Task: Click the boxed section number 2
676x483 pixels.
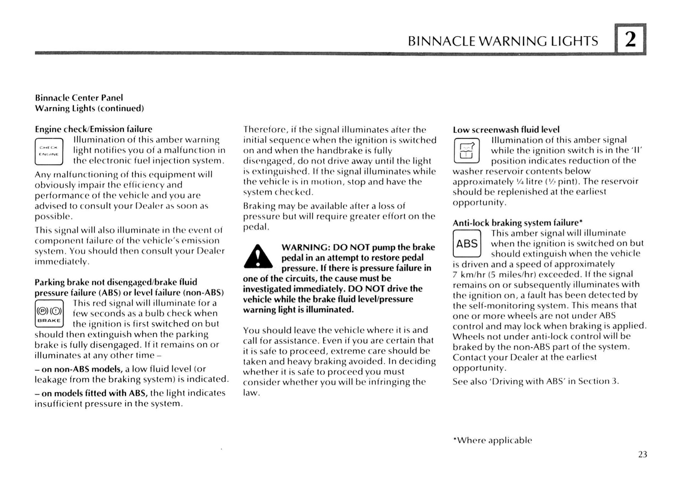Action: coord(630,39)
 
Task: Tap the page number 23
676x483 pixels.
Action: coord(642,454)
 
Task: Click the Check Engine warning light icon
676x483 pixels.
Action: coord(49,151)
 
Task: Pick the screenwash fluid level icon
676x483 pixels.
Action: coord(466,151)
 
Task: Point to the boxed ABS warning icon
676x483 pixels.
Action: coord(467,243)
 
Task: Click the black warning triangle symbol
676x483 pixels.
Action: coord(258,257)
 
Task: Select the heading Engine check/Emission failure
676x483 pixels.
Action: coord(94,129)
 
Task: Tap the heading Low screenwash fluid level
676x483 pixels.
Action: coord(506,130)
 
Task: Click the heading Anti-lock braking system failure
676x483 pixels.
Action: coord(516,223)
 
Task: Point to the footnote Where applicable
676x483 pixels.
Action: coord(493,440)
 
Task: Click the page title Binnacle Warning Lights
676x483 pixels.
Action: coord(503,41)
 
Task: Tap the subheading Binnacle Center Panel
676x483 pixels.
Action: coord(79,98)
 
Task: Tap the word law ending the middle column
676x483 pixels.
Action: coord(251,393)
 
